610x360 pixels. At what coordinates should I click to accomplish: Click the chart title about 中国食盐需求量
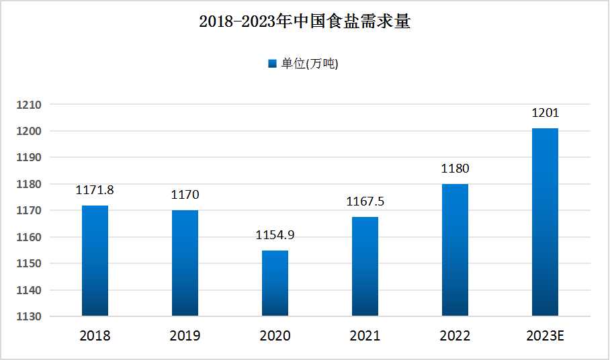(304, 21)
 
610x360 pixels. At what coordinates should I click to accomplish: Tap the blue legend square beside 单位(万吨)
(272, 64)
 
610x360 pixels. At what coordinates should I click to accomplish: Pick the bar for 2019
(185, 263)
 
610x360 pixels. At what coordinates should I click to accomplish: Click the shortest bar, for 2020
(275, 283)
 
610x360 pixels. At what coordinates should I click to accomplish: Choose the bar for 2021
(365, 267)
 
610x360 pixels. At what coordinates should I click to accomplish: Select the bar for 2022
(455, 250)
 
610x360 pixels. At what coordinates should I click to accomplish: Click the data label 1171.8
(95, 190)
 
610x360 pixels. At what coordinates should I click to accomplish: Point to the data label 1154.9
(275, 235)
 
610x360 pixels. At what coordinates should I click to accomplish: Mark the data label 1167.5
(365, 201)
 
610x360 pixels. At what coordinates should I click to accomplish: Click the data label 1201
(545, 113)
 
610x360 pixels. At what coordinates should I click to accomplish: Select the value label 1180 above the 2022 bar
(455, 169)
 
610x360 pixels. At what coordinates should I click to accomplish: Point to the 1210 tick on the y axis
(30, 105)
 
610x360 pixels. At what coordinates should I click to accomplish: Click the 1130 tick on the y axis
(30, 316)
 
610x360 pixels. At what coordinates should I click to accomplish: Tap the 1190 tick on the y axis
(30, 157)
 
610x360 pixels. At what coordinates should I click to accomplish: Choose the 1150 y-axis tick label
(30, 263)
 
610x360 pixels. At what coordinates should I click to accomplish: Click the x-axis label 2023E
(545, 336)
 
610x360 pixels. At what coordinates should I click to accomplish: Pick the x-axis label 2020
(275, 336)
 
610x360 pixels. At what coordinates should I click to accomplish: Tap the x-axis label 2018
(95, 336)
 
